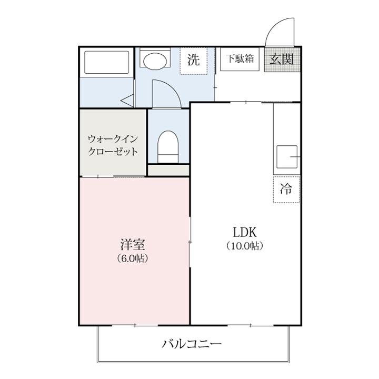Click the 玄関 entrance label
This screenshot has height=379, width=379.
pos(282,59)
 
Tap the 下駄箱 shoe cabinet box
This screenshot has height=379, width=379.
pos(240,59)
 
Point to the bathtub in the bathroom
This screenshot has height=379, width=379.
pos(107,63)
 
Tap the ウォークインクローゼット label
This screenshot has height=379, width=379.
pos(113,145)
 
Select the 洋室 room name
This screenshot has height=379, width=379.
pos(133,244)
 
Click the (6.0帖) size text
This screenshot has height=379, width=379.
pos(133,258)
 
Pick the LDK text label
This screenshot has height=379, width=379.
pos(245,232)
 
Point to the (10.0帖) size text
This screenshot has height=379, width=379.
pos(245,246)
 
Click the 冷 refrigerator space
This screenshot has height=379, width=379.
pos(286,189)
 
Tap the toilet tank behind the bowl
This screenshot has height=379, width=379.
pos(168,157)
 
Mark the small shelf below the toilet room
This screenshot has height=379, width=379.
pos(168,171)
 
